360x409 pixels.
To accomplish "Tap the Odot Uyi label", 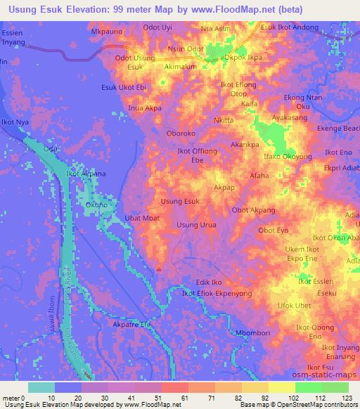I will (157, 27).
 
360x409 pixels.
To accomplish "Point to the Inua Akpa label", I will (145, 109).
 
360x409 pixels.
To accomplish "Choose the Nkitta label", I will (224, 120).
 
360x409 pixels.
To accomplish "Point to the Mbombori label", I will (250, 333).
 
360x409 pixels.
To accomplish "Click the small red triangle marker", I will (160, 268).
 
